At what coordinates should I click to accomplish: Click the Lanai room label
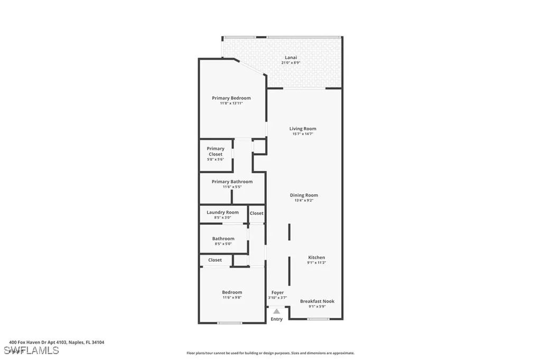[x=291, y=58]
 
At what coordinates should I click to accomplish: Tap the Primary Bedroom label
[x=231, y=98]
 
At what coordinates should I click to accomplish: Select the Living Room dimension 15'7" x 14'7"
[x=303, y=134]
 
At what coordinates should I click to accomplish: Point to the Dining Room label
[x=304, y=195]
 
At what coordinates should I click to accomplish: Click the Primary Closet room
[x=216, y=154]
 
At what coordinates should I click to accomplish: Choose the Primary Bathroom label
[x=232, y=182]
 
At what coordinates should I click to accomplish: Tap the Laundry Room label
[x=222, y=212]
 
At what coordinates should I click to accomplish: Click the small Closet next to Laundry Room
[x=256, y=213]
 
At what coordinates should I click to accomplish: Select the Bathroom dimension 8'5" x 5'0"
[x=222, y=244]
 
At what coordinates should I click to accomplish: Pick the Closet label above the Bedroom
[x=215, y=260]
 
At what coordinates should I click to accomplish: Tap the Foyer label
[x=277, y=292]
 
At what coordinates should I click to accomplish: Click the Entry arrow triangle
[x=276, y=311]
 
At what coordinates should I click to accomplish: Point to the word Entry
[x=276, y=319]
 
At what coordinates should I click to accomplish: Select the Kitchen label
[x=316, y=258]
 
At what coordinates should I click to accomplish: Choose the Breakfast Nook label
[x=317, y=301]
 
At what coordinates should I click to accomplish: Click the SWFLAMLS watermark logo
[x=31, y=350]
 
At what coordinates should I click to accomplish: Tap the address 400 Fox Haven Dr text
[x=57, y=342]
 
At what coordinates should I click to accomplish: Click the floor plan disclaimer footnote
[x=270, y=353]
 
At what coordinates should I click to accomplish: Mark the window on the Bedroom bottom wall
[x=230, y=323]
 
